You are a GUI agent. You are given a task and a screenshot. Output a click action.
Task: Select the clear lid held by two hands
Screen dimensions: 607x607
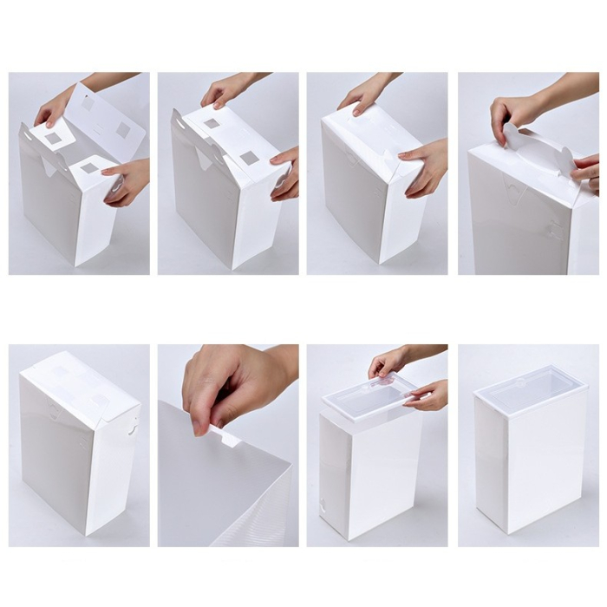pos(369,395)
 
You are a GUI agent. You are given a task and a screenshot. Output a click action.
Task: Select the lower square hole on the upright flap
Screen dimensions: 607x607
pos(122,128)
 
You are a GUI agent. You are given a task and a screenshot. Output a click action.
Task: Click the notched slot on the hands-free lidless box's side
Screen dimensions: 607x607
pos(132,427)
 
